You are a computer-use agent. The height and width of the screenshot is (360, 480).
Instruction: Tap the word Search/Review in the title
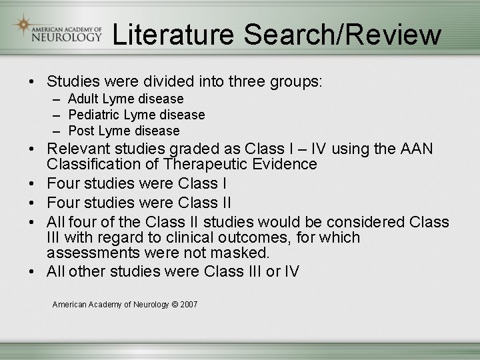[342, 35]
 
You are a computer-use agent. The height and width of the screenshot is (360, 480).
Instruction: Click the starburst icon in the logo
[25, 25]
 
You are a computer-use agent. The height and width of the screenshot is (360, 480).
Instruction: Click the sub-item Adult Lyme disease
[126, 99]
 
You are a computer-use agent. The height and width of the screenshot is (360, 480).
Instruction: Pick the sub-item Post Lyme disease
[124, 131]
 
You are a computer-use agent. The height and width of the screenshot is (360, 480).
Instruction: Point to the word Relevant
[79, 148]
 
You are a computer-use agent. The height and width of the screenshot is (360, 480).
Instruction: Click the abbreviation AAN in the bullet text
[417, 148]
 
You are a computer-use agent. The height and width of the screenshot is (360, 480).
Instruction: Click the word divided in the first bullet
[167, 82]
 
